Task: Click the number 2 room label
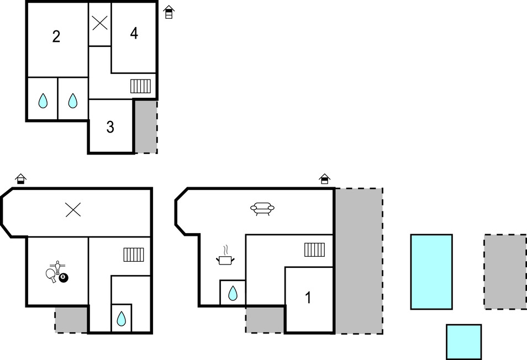[56, 36]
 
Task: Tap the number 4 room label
[134, 33]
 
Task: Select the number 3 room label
[110, 127]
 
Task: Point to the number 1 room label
[308, 298]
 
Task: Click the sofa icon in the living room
[262, 209]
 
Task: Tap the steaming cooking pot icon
[225, 256]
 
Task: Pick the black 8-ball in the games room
[63, 278]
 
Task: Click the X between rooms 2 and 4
[100, 23]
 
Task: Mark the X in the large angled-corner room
[73, 210]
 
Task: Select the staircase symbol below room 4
[140, 86]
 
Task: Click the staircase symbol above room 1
[314, 250]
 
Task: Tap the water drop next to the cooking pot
[233, 293]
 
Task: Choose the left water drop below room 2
[43, 100]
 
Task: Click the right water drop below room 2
[73, 100]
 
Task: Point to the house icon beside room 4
[168, 12]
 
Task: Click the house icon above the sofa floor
[324, 179]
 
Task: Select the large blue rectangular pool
[431, 272]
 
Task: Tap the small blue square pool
[464, 342]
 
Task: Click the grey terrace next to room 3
[146, 126]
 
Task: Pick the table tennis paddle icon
[51, 275]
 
